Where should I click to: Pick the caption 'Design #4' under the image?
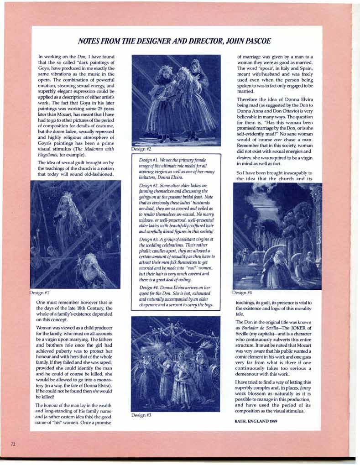tap(242, 293)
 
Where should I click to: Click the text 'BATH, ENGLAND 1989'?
tap(256, 421)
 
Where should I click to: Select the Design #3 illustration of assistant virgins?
tap(176, 363)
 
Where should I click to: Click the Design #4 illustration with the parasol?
tap(277, 235)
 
